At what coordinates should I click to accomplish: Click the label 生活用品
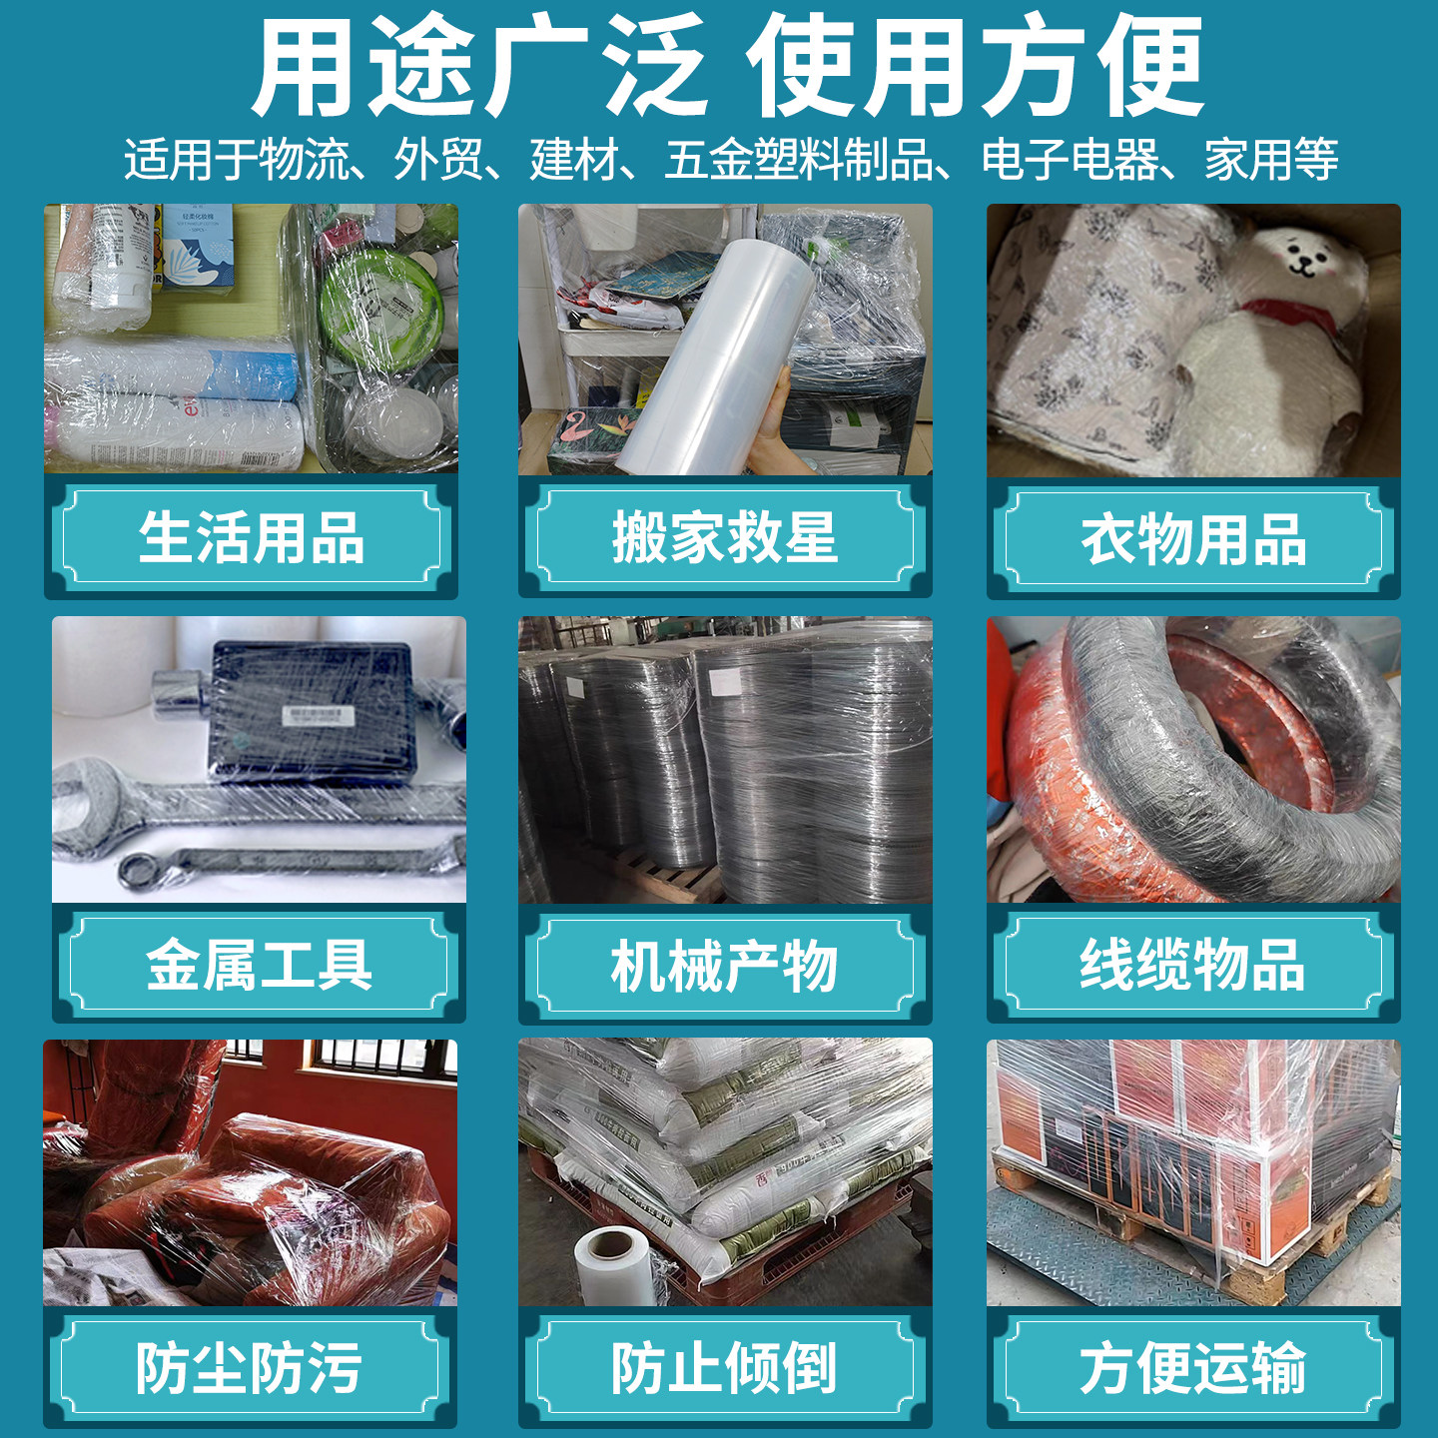tap(251, 536)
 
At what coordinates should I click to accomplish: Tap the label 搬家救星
tap(724, 536)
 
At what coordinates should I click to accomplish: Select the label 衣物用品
tap(1193, 538)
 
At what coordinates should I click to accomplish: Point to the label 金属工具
tap(259, 964)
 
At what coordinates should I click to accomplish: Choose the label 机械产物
tap(724, 966)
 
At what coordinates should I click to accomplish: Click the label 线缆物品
tap(1192, 964)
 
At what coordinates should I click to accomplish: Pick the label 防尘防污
tap(249, 1367)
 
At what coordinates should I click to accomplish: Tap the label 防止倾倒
tap(724, 1367)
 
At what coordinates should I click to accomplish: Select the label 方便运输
tap(1192, 1367)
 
